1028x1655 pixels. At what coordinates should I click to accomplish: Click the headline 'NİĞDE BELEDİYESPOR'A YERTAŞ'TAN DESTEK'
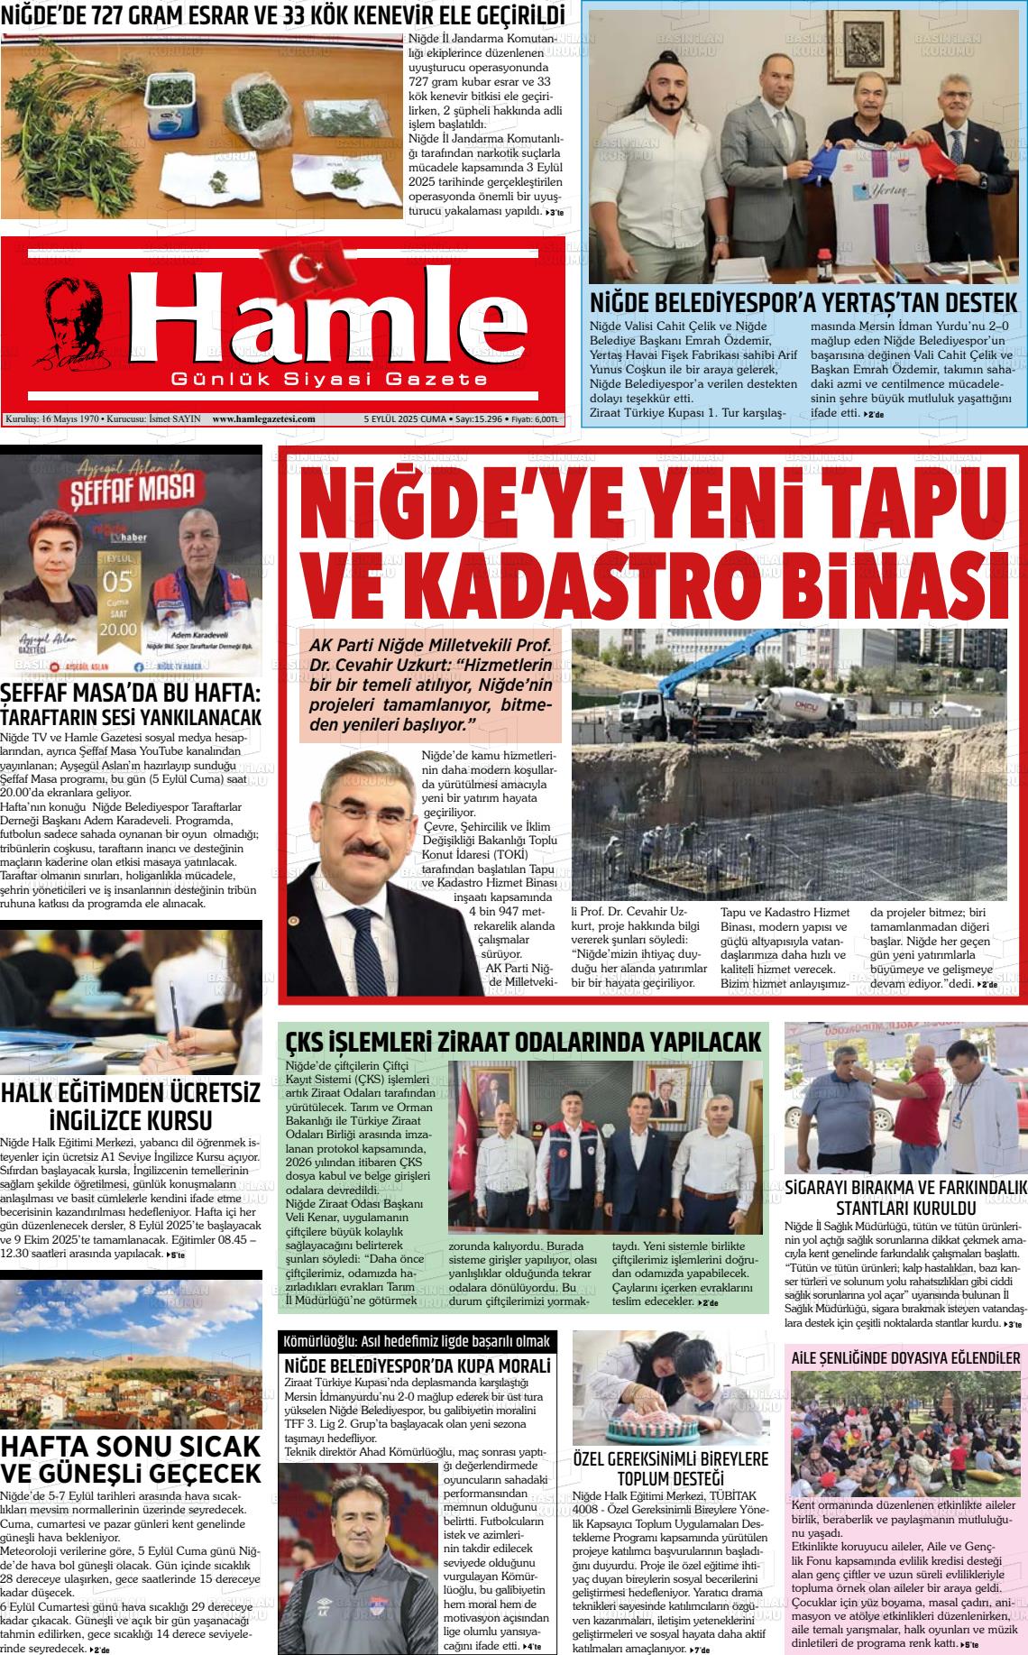(803, 302)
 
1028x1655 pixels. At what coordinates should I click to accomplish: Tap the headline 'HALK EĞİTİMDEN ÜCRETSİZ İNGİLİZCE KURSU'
(131, 1107)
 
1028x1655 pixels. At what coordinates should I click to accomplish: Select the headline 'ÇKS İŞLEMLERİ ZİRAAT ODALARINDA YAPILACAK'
(523, 1043)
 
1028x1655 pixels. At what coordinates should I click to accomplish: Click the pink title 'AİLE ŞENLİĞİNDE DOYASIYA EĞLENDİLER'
(906, 1357)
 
